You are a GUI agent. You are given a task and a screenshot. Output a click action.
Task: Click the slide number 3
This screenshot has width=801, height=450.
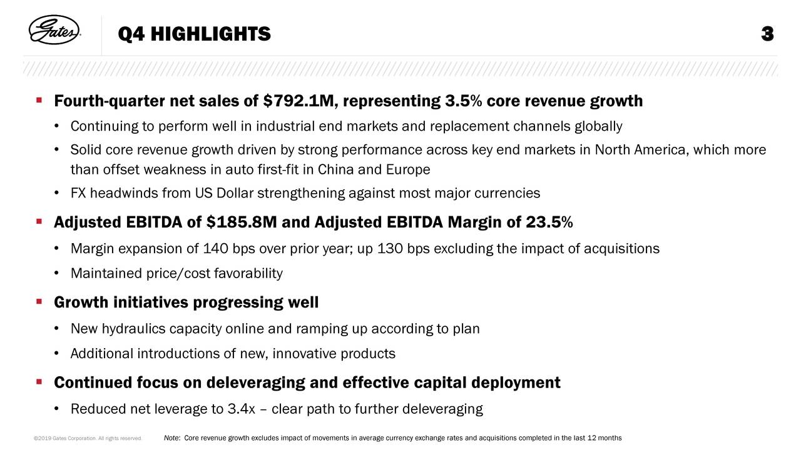pos(768,34)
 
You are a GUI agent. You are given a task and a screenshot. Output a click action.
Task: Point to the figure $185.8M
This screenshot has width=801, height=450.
pos(247,223)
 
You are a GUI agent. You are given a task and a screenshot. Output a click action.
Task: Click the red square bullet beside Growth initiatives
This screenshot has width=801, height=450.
pos(39,302)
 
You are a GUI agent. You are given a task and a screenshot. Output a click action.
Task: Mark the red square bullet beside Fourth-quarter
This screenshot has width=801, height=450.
pos(39,101)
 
